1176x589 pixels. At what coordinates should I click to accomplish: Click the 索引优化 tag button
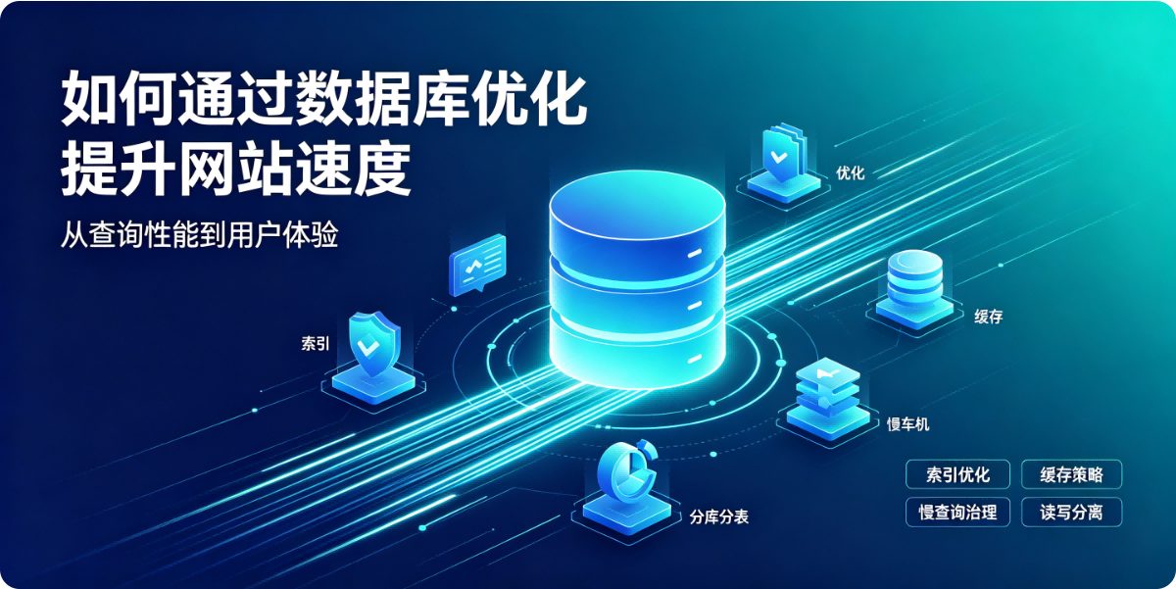pos(957,474)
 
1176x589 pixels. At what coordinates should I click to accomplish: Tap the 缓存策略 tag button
pos(1071,474)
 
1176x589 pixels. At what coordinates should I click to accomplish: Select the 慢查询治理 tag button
pos(957,512)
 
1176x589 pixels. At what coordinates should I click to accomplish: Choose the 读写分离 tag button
pos(1071,512)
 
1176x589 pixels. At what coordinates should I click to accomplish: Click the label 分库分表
pos(718,516)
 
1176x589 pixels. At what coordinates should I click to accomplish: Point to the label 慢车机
pos(907,423)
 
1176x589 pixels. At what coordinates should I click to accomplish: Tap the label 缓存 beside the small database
pos(988,316)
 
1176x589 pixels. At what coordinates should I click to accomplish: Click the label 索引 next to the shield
pos(315,343)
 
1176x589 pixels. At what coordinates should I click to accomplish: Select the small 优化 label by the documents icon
pos(850,172)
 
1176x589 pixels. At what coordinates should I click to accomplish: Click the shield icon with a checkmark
pos(374,344)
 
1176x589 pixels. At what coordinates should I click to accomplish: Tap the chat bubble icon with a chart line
pos(477,265)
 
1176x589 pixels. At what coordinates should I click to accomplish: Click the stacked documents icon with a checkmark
pos(783,152)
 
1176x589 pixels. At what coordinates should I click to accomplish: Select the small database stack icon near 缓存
pos(914,277)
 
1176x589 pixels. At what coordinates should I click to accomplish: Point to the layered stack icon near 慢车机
pos(828,389)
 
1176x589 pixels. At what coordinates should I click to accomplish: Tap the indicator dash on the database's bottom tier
pos(694,359)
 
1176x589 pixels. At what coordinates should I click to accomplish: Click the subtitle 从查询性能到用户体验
pos(200,234)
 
